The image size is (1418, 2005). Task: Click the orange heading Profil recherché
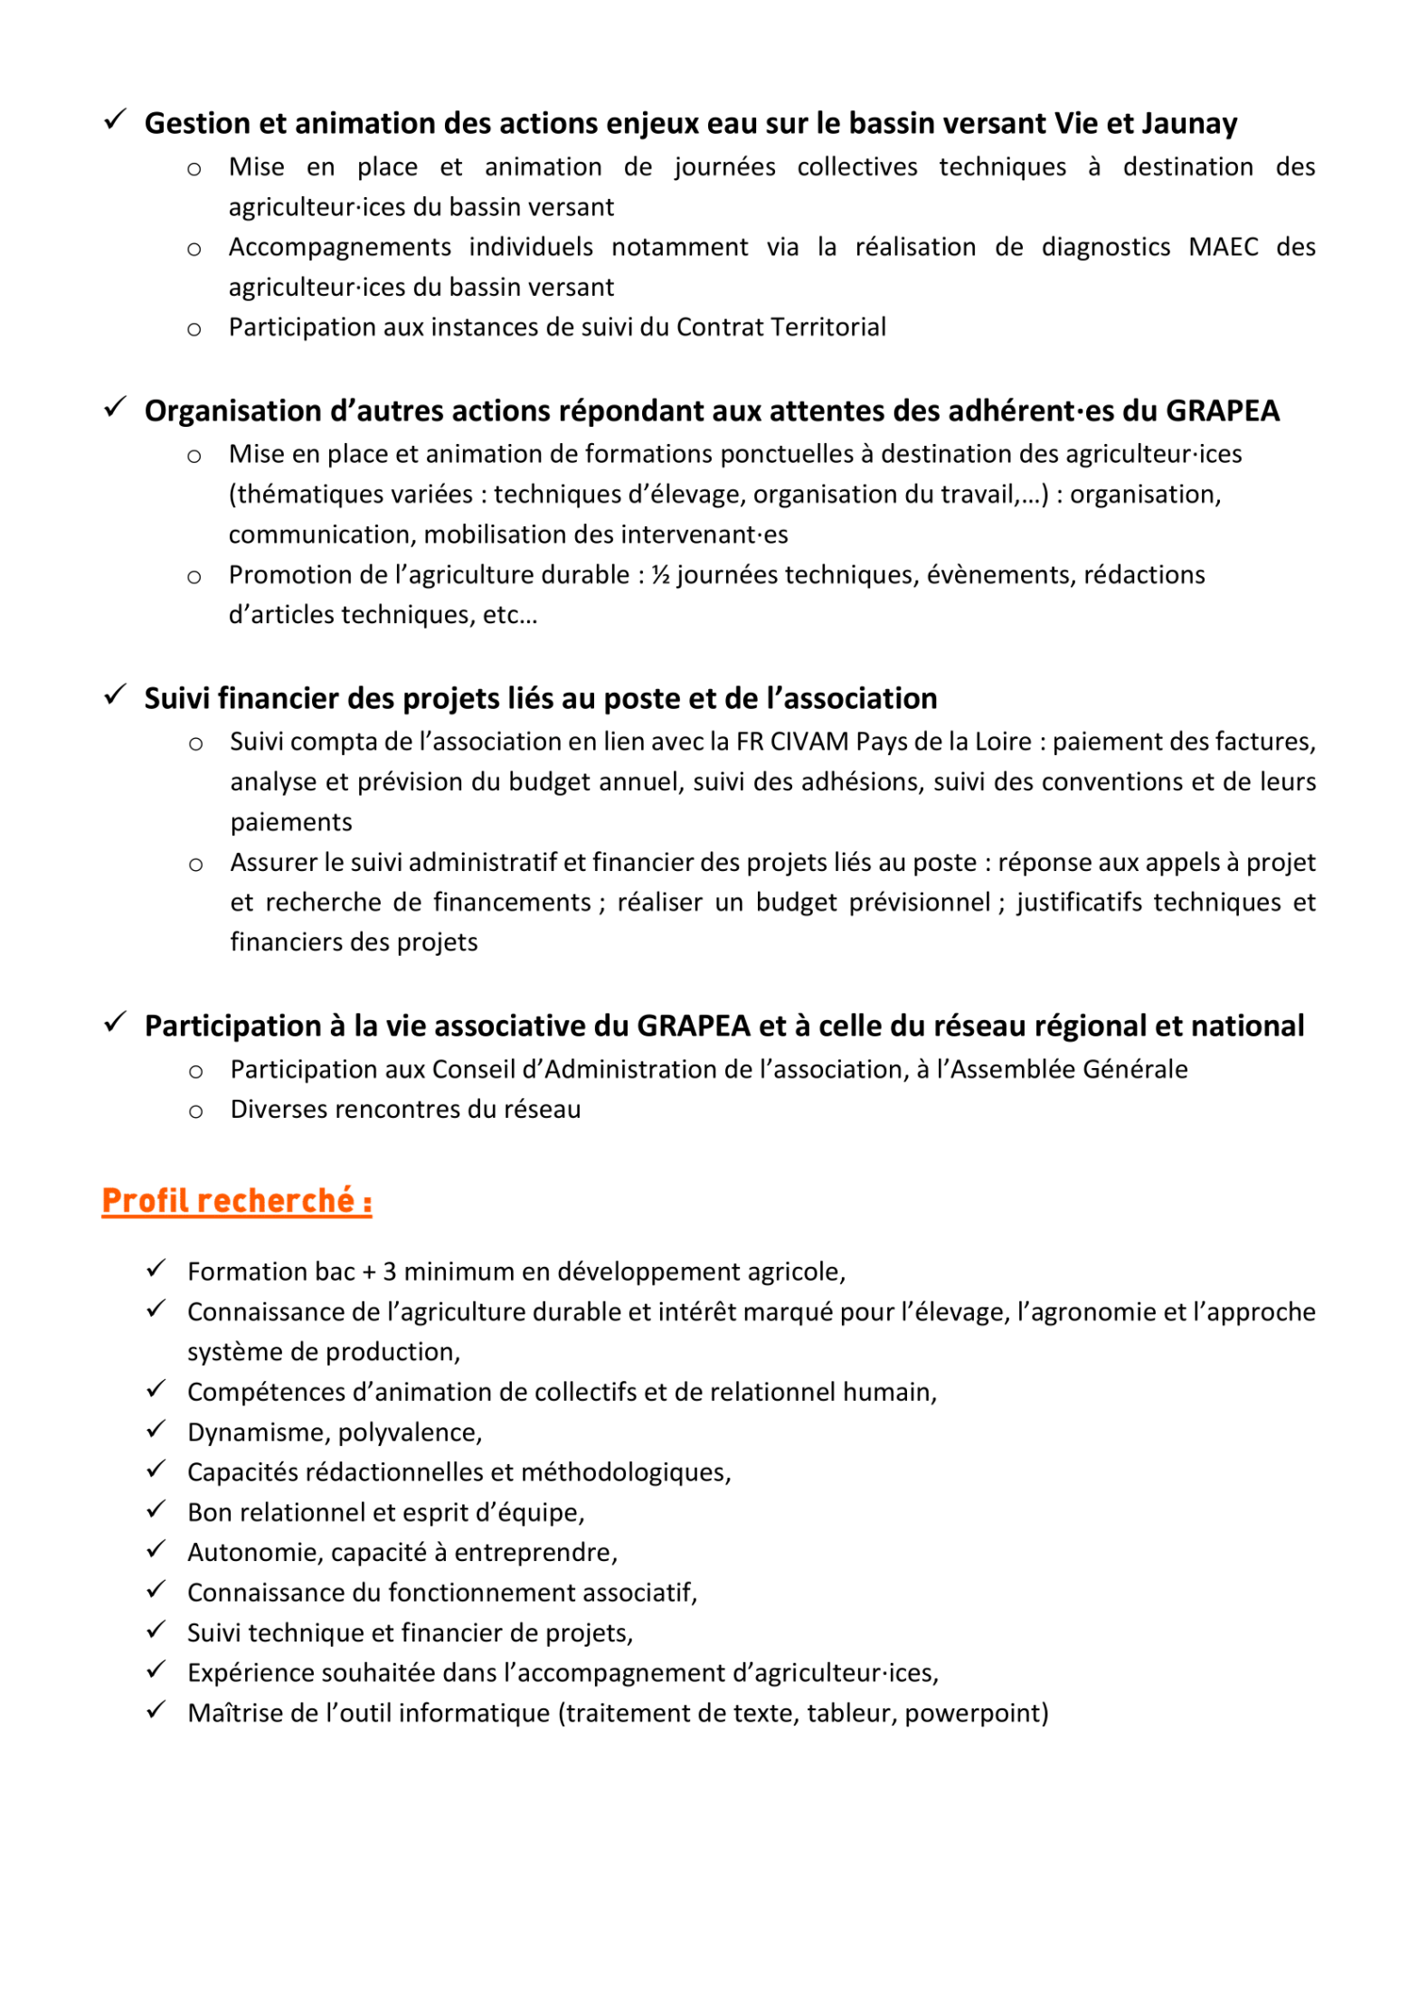tap(237, 1201)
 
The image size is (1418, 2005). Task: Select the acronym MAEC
tap(1223, 247)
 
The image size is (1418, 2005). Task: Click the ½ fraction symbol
tap(660, 575)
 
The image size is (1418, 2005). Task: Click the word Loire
tap(999, 742)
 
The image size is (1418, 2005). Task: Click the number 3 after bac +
tap(390, 1272)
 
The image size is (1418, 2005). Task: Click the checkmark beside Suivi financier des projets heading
tap(115, 695)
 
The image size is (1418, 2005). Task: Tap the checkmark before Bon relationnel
tap(156, 1509)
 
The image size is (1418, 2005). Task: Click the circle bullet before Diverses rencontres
tap(195, 1111)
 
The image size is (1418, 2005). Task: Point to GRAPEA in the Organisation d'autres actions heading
tap(1222, 411)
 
